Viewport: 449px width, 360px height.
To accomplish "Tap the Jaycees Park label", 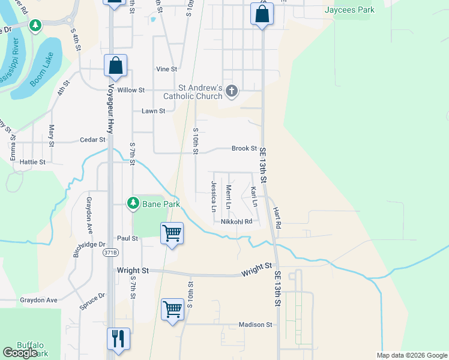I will pyautogui.click(x=349, y=10).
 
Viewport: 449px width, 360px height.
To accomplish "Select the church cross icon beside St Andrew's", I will pyautogui.click(x=232, y=91).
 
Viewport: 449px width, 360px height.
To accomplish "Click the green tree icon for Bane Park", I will pyautogui.click(x=133, y=204).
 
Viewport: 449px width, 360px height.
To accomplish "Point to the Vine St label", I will pyautogui.click(x=166, y=70).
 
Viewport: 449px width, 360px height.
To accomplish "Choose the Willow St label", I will pyautogui.click(x=131, y=90).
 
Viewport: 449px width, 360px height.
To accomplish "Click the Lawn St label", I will pyautogui.click(x=153, y=111).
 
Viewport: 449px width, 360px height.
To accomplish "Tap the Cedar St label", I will pyautogui.click(x=92, y=140).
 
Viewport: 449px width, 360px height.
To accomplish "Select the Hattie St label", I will pyautogui.click(x=33, y=162).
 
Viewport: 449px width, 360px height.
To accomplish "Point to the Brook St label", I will pyautogui.click(x=244, y=148).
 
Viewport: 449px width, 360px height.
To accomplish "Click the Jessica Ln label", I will pyautogui.click(x=214, y=197).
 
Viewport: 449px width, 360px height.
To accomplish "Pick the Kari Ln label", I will pyautogui.click(x=255, y=197).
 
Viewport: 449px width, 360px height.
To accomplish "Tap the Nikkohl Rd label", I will pyautogui.click(x=236, y=221).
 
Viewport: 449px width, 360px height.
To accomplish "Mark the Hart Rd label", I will pyautogui.click(x=277, y=219).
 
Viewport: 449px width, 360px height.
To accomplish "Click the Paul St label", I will pyautogui.click(x=128, y=238).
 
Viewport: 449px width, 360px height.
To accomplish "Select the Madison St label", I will pyautogui.click(x=255, y=325).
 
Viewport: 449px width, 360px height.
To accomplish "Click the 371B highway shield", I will pyautogui.click(x=110, y=253).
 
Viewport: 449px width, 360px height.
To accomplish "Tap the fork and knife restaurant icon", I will pyautogui.click(x=118, y=338).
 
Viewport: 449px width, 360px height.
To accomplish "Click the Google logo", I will pyautogui.click(x=20, y=353).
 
